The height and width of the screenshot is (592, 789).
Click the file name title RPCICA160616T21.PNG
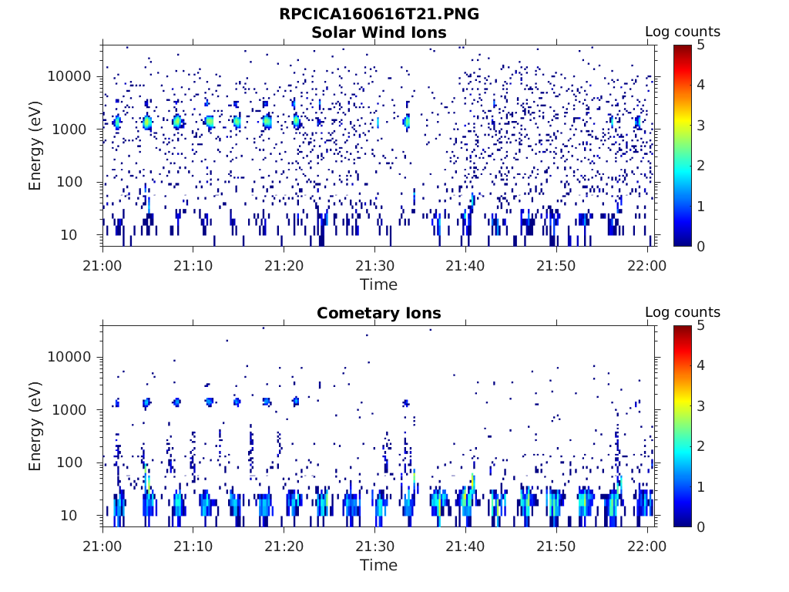[x=378, y=14]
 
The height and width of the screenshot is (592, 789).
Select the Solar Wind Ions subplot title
[x=378, y=32]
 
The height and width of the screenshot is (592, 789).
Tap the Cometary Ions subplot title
[x=378, y=313]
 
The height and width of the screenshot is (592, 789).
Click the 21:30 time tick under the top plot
[x=374, y=266]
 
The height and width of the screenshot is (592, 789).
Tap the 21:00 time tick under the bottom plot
[x=102, y=547]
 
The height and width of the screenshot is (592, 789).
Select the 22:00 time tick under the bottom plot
[x=647, y=547]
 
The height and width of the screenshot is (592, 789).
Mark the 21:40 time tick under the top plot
[x=465, y=266]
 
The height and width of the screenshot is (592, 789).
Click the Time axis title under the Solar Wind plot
[x=378, y=284]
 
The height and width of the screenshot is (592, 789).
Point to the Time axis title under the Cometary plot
[x=378, y=565]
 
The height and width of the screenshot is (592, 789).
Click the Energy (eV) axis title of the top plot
[x=35, y=146]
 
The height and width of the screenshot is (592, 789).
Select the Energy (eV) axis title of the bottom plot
[x=35, y=426]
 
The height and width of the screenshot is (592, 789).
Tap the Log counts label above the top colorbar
[x=682, y=32]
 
